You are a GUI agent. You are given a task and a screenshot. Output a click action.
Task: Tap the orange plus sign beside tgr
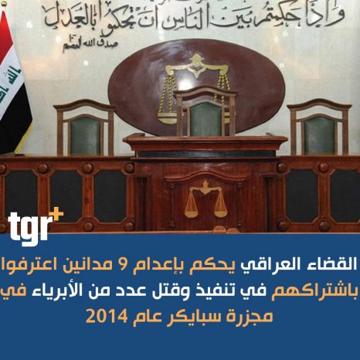point(56,214)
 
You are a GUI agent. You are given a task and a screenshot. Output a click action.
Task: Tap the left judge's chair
point(85,128)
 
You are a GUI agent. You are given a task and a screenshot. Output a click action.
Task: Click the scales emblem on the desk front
point(205,199)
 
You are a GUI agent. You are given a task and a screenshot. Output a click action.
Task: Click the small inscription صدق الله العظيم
point(90,44)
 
